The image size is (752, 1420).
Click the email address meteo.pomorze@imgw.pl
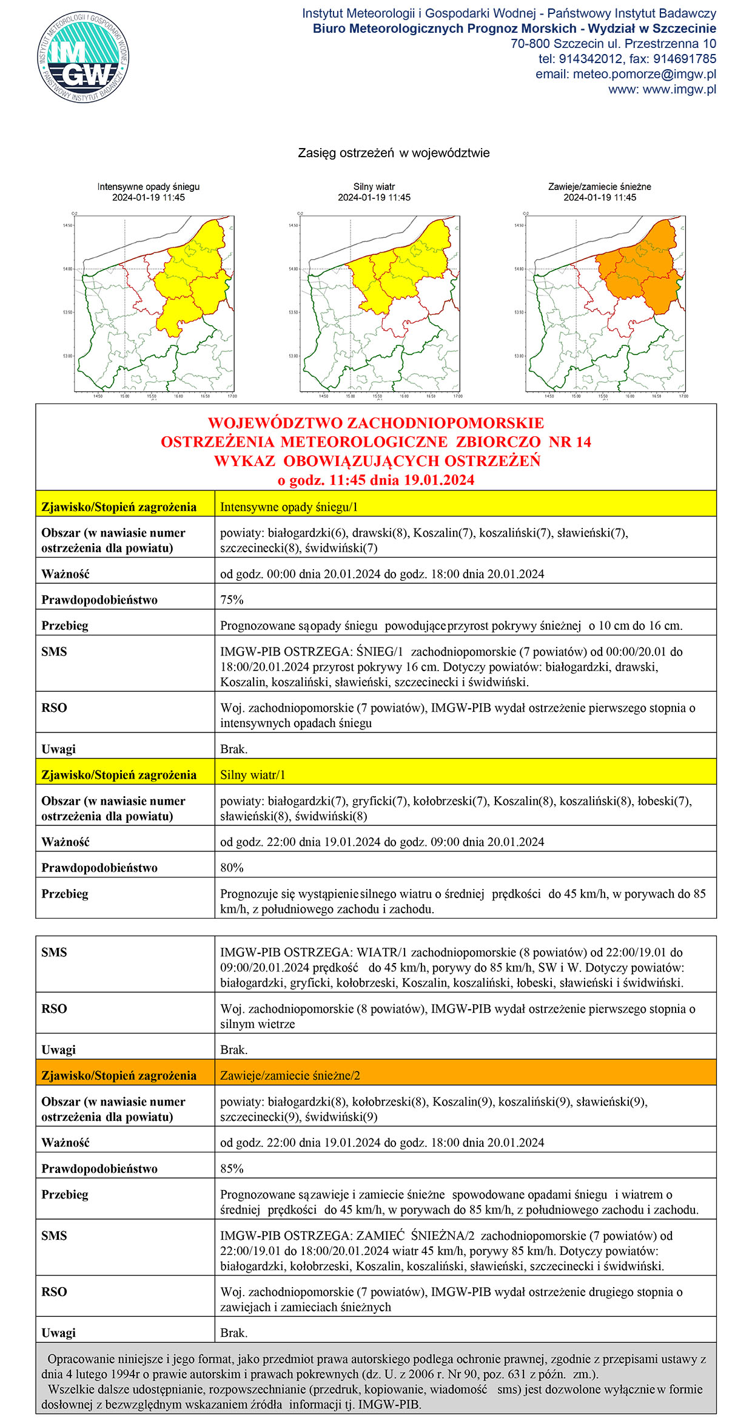point(644,74)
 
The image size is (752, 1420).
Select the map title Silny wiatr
point(374,187)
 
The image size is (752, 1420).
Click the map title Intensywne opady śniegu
point(149,187)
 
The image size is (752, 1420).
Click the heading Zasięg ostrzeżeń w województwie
point(394,153)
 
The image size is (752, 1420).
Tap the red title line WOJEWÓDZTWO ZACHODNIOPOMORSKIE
point(376,423)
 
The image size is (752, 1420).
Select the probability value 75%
point(232,600)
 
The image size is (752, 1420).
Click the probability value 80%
point(232,868)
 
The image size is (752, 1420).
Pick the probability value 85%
point(232,1168)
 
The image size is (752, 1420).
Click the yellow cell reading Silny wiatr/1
point(252,775)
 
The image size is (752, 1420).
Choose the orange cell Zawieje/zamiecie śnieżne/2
point(290,1075)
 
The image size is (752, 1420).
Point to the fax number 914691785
point(685,59)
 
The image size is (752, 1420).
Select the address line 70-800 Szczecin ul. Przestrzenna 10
point(613,44)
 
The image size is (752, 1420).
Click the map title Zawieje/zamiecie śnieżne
point(600,187)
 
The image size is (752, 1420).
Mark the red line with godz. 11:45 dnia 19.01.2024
point(376,480)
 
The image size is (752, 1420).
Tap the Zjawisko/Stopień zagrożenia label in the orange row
point(119,1075)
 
